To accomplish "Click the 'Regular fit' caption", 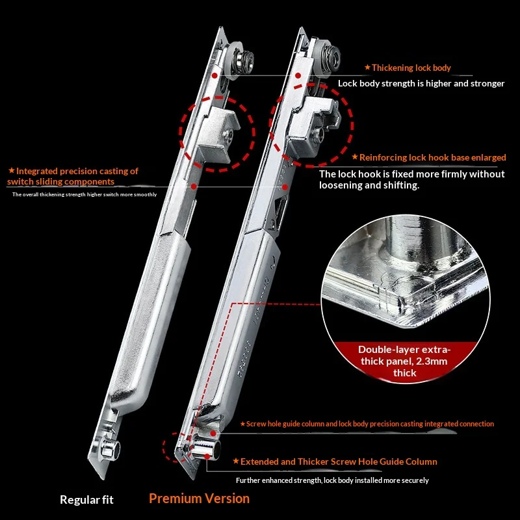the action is [86, 499].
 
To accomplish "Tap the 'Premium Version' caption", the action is [199, 499].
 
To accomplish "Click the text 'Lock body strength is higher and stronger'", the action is [421, 83].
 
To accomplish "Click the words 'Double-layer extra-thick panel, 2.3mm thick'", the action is [404, 361].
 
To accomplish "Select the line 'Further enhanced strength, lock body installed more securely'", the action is [332, 480].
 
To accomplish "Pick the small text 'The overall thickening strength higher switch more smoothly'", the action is [84, 194].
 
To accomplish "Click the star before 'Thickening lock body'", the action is [367, 68].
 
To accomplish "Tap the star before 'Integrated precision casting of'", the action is [12, 170].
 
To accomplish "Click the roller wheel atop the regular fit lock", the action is [240, 58].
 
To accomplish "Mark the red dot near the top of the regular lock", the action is [214, 76].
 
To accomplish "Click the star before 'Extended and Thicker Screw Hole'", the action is [236, 461].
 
